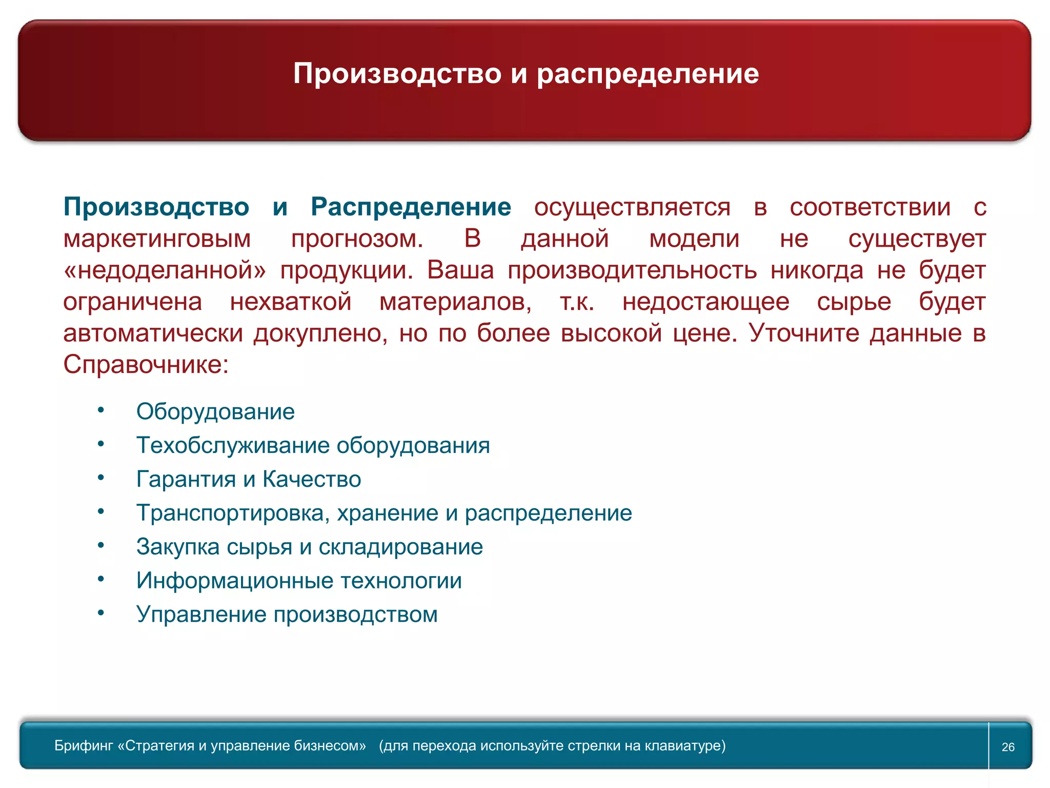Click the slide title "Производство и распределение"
(x=526, y=73)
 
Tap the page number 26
(x=1008, y=747)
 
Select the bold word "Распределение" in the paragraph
(x=411, y=207)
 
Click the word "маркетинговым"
(x=157, y=239)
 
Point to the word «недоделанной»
(x=165, y=270)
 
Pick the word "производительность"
(x=632, y=270)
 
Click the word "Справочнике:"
(x=146, y=365)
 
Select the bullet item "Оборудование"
(x=215, y=411)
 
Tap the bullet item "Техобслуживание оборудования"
(x=313, y=445)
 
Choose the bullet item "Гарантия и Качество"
(x=249, y=479)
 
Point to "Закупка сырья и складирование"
(x=309, y=547)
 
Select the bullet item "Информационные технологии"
(x=299, y=581)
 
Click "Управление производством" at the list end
(x=287, y=615)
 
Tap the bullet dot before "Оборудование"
(x=101, y=410)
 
